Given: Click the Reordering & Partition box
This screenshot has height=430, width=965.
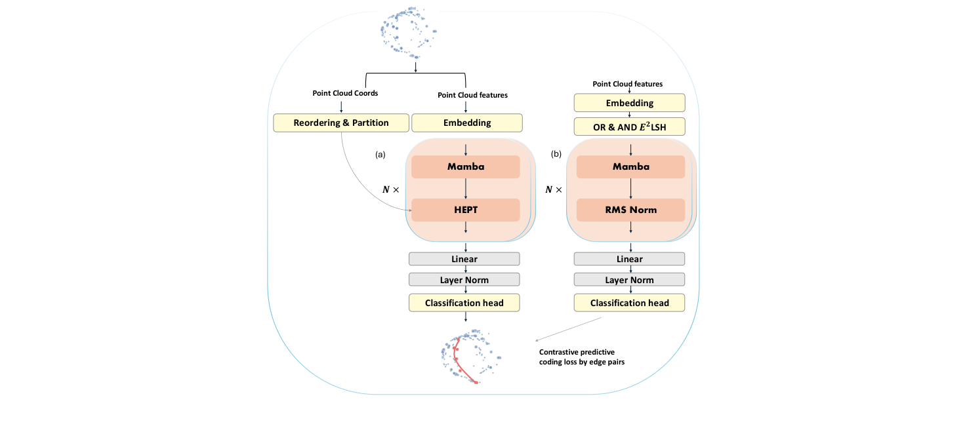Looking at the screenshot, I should point(340,123).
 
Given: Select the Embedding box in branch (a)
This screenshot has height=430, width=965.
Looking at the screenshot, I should point(466,123).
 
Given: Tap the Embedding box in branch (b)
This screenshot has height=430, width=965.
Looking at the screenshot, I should point(629,103).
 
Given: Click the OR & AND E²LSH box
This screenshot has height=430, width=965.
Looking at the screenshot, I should point(629,127).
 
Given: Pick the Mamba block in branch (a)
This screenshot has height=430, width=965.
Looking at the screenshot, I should point(465,166).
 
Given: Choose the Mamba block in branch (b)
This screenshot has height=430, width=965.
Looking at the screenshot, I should point(630,166).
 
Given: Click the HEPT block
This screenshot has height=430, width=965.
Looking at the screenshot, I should point(465,210).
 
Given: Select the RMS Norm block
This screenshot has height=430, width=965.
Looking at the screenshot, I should point(630,210).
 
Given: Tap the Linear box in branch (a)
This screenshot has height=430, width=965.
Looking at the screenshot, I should point(464,259).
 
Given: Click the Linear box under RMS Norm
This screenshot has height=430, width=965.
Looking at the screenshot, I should point(629,259).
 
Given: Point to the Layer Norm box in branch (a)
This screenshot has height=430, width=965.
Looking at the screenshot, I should point(464,280).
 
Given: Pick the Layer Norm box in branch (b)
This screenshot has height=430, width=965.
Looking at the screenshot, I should point(629,280).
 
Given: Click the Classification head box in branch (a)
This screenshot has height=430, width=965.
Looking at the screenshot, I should point(464,302).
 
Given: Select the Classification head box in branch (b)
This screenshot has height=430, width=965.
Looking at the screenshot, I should point(629,302).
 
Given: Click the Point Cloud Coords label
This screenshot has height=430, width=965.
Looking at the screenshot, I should point(345,93).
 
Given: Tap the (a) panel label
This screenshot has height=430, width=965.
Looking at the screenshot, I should point(380,155).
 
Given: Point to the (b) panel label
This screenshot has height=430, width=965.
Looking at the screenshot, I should point(556,155).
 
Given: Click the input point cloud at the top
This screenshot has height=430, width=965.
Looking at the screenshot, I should point(408,31).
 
